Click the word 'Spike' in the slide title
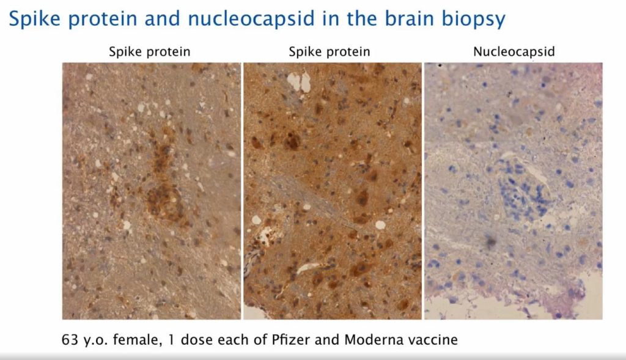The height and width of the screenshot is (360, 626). tap(34, 19)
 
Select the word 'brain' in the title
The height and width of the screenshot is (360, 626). tap(404, 19)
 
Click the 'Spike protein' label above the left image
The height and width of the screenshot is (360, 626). tap(150, 52)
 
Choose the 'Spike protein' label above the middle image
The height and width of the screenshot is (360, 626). tap(330, 52)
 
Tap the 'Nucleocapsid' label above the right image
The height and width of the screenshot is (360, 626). tap(514, 52)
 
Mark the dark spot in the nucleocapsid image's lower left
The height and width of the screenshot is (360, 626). tap(490, 243)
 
